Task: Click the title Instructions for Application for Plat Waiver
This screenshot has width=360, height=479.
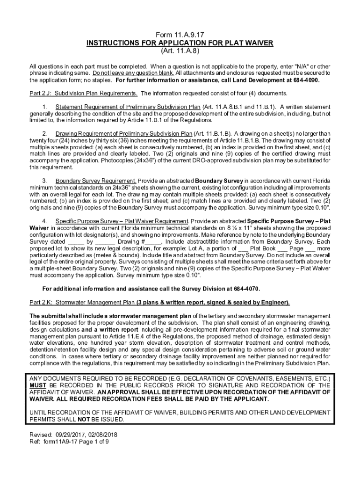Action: (x=180, y=43)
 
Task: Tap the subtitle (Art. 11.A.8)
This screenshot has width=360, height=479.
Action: (x=180, y=51)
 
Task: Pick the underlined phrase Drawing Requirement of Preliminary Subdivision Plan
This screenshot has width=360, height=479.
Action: (x=123, y=133)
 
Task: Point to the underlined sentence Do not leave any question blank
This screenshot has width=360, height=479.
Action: (x=133, y=73)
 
